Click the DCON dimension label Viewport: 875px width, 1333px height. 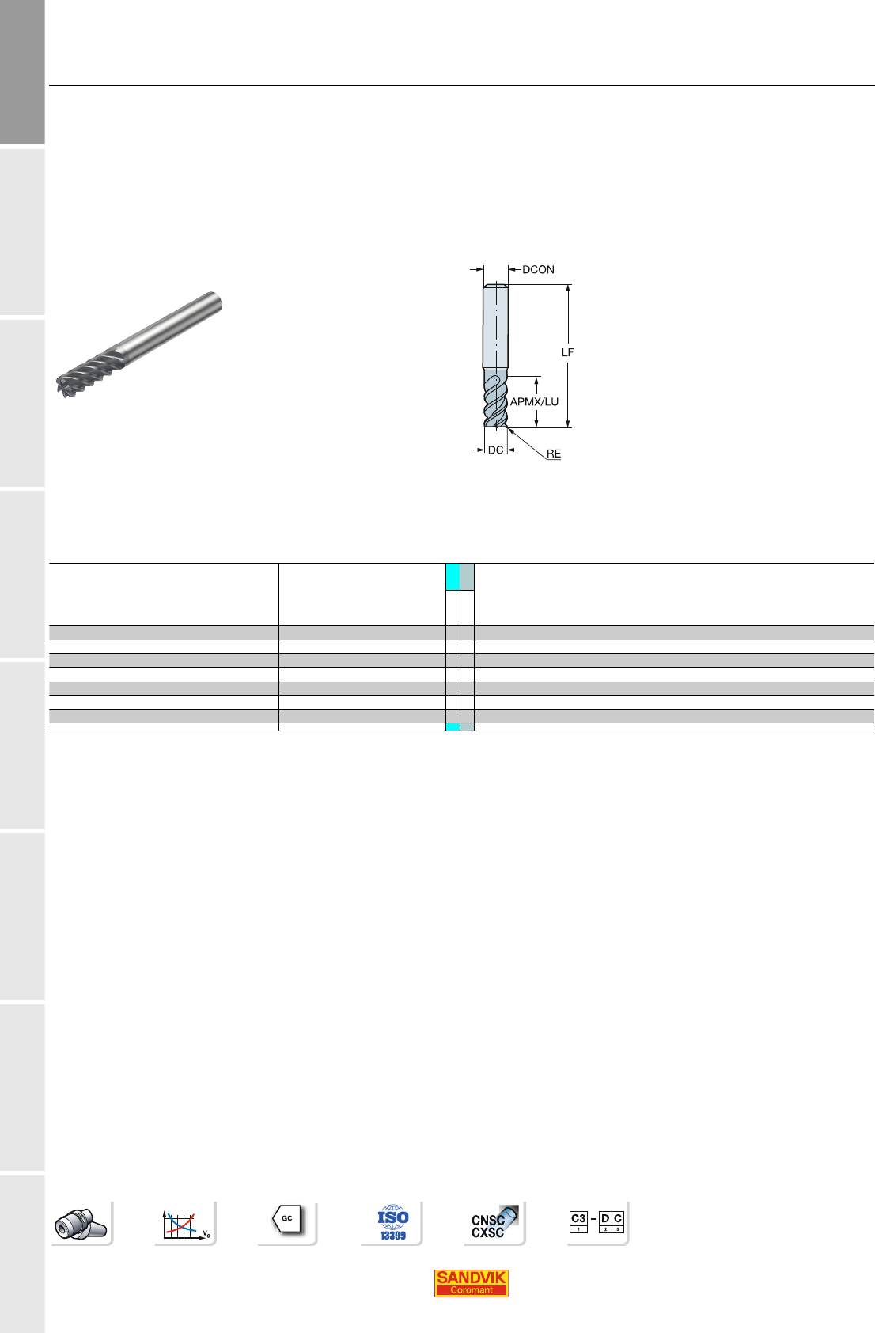pos(538,270)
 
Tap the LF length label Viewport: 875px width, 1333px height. pos(567,352)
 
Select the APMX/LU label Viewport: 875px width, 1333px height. pos(534,401)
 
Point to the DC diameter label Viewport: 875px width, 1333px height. pos(495,450)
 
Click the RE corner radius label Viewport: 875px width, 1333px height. pos(553,454)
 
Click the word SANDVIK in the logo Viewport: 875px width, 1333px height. pos(471,1278)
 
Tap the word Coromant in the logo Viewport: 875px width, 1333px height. pos(471,1290)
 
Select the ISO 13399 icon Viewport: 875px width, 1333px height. pos(392,1223)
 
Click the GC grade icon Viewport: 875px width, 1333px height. pos(287,1219)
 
